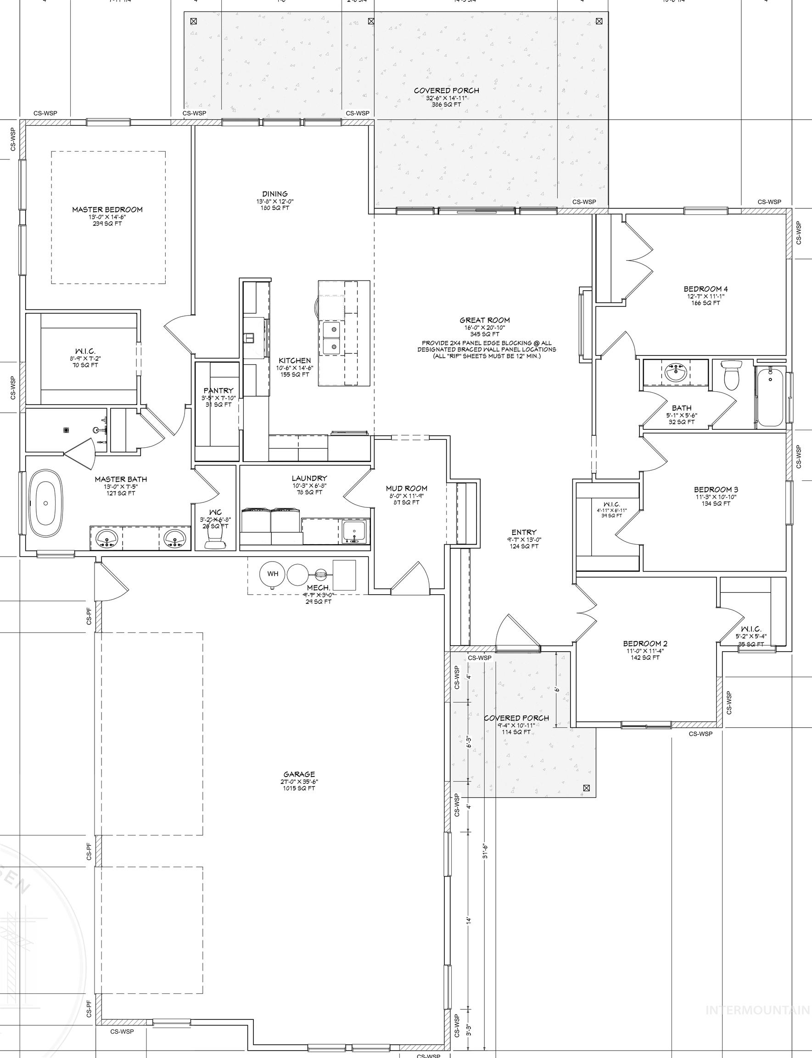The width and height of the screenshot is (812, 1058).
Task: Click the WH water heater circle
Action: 273,574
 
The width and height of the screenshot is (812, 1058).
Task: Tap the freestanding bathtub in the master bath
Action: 46,502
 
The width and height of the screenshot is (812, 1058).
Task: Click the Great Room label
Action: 484,320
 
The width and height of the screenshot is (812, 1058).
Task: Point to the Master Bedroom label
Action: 107,209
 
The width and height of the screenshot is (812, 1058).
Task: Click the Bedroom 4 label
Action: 706,289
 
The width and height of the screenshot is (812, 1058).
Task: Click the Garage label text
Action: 299,774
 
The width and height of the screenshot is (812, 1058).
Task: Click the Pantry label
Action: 218,390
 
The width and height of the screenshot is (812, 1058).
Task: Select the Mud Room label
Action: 407,489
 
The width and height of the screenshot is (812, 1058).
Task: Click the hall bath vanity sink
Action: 675,372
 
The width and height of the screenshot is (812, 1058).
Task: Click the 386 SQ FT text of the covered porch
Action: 447,104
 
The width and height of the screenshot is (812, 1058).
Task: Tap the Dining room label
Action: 275,194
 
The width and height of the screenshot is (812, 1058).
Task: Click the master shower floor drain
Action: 67,429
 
